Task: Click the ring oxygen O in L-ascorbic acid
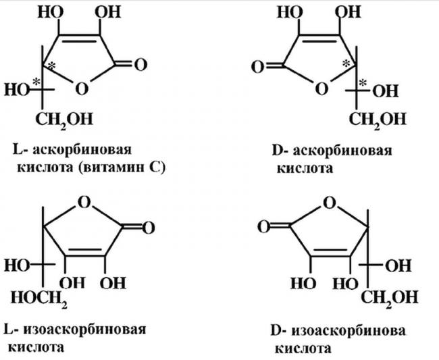click(82, 88)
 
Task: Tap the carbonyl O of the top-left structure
click(140, 65)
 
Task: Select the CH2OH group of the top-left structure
click(64, 120)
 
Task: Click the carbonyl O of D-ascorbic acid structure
click(257, 67)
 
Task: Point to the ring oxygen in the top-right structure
click(321, 88)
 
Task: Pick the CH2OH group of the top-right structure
click(378, 120)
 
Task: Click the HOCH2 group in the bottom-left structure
click(39, 299)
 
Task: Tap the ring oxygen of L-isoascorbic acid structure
click(84, 202)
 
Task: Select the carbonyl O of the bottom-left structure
click(149, 228)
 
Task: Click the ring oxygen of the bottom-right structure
click(330, 203)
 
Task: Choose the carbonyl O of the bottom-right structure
click(263, 226)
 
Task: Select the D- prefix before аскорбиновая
click(280, 151)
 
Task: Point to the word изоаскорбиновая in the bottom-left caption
click(85, 329)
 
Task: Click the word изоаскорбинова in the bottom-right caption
click(348, 330)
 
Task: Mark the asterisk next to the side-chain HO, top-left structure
click(36, 82)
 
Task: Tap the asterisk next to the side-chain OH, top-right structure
click(363, 82)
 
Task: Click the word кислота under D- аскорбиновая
click(305, 169)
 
